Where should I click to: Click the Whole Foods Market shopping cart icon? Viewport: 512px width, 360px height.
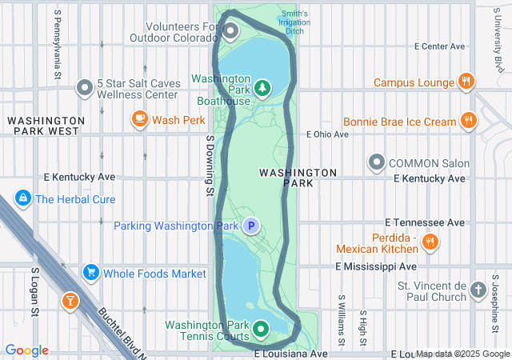pos(90,274)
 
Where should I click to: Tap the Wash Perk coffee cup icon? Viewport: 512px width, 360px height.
pos(140,120)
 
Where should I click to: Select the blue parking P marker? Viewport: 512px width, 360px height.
pos(251,226)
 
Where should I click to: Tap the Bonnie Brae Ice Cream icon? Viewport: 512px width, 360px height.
pos(469,122)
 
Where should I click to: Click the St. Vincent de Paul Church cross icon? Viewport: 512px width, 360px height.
pos(478,290)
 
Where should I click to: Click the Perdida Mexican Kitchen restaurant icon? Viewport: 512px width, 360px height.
pos(430,242)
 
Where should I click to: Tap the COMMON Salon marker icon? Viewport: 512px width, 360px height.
pos(377,163)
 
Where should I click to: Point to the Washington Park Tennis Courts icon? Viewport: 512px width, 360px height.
pos(261,329)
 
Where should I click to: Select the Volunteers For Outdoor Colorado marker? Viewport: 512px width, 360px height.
pos(231,31)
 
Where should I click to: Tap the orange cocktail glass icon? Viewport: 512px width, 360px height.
pos(70,301)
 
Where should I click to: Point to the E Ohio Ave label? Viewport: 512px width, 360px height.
pos(328,134)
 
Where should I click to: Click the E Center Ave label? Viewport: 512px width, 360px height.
pos(439,46)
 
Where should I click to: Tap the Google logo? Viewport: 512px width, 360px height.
pos(26,350)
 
